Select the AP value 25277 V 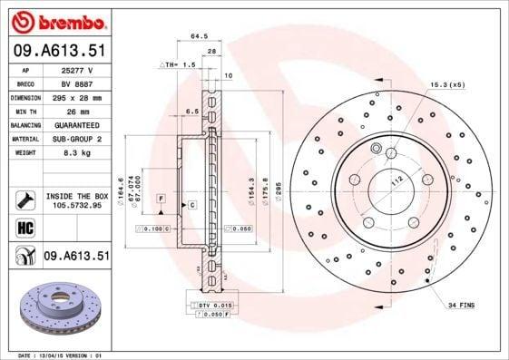point(76,69)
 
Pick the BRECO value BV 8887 point(76,83)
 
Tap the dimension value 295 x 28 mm point(76,96)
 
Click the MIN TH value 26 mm point(76,111)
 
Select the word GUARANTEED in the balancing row point(76,124)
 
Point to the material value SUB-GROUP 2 point(76,139)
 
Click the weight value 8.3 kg point(76,153)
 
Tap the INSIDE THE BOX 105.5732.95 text point(76,200)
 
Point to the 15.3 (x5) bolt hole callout point(445,84)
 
